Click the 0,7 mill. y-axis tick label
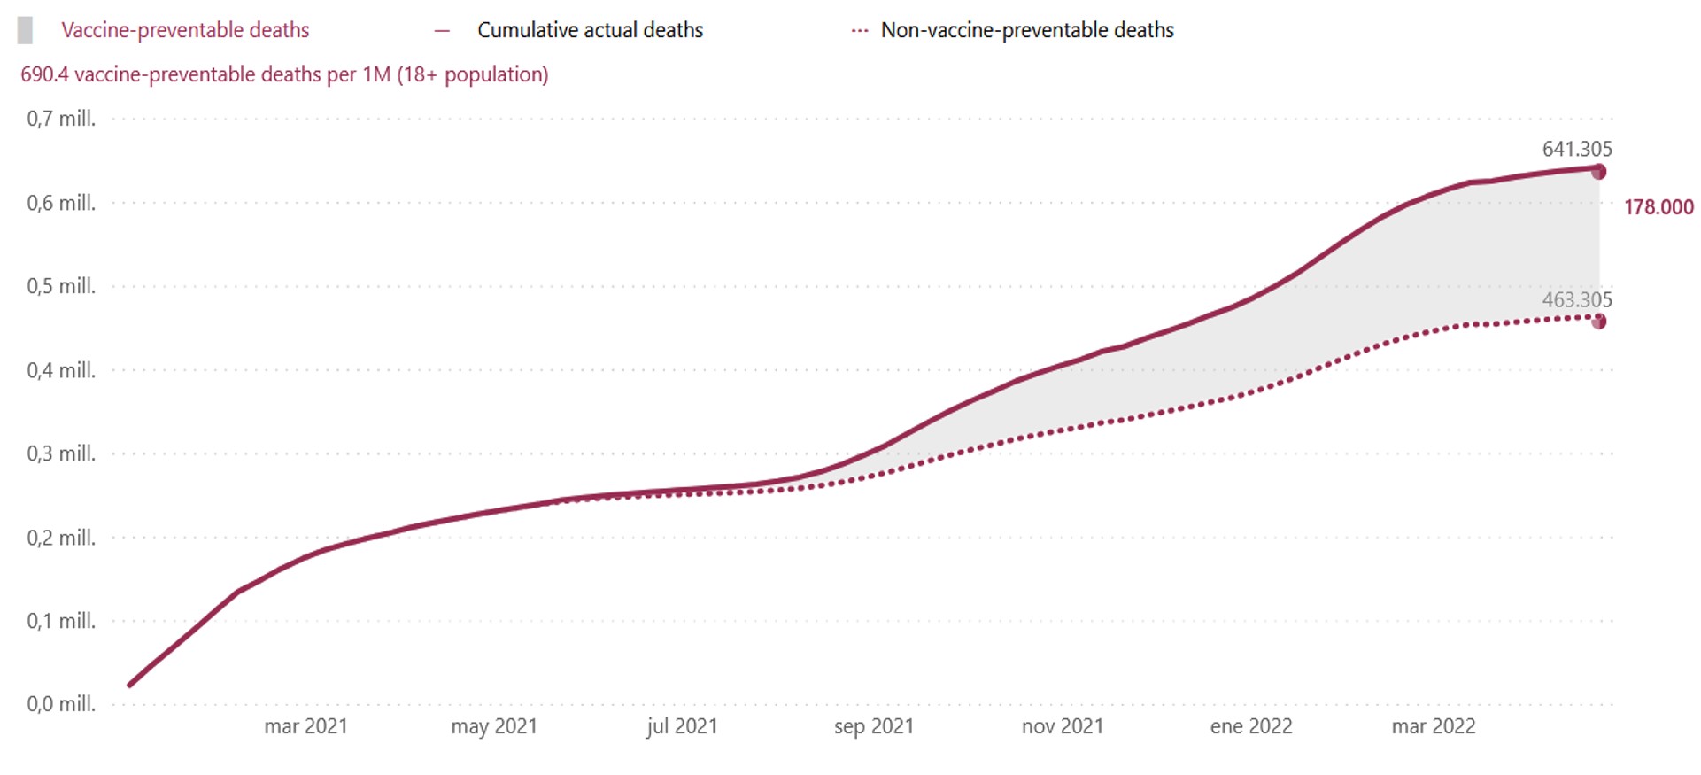pos(61,119)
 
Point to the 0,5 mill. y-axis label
pos(61,286)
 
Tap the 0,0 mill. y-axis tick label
pos(61,704)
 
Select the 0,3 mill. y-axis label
pos(61,453)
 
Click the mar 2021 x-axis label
pos(305,726)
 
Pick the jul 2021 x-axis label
pos(682,726)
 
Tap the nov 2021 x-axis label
pos(1063,726)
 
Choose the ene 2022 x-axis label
pos(1251,726)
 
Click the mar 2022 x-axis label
pos(1434,726)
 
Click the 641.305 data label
pos(1577,149)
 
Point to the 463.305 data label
pos(1577,299)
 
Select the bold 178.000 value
pos(1658,207)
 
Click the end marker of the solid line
pos(1598,172)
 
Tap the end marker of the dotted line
pos(1598,322)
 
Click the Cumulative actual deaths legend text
pos(590,30)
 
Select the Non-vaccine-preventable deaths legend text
pos(1027,30)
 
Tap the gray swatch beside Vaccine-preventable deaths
pos(26,30)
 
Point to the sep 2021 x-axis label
pos(873,726)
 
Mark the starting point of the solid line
pos(130,685)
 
